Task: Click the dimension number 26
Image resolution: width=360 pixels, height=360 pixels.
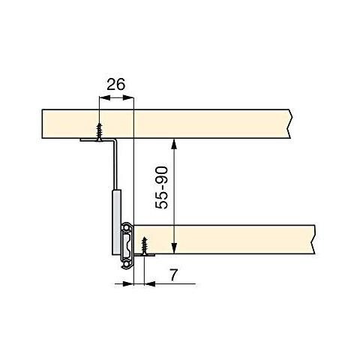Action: [x=115, y=84]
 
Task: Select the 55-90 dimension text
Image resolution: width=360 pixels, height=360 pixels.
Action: [x=161, y=187]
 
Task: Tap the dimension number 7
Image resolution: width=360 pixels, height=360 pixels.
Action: [x=173, y=274]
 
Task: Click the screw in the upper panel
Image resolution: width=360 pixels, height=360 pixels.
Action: [x=100, y=132]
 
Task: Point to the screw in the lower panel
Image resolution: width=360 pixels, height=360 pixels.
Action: [x=144, y=246]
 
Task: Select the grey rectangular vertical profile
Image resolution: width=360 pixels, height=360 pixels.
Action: [x=116, y=222]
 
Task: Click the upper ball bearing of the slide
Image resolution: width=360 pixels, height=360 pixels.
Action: [x=125, y=228]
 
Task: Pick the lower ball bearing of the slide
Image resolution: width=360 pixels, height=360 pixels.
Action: [x=125, y=264]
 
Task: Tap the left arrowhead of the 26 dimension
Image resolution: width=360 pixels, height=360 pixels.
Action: [x=105, y=97]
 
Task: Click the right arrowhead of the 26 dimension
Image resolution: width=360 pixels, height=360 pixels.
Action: [x=129, y=97]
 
